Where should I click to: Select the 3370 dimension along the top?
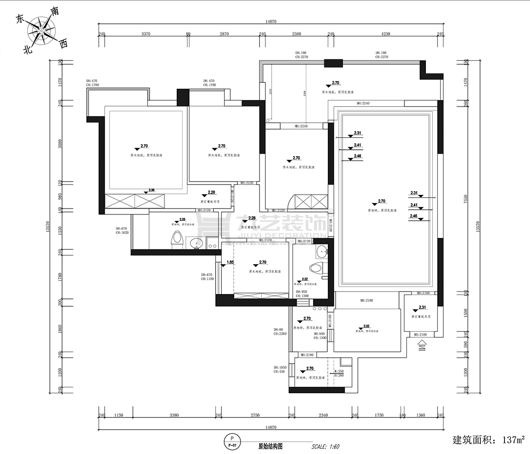[x=145, y=34]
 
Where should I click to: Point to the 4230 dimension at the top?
[x=385, y=34]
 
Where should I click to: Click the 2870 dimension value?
[x=224, y=34]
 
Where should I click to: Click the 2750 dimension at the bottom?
[x=255, y=415]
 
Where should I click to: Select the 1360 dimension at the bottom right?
[x=421, y=415]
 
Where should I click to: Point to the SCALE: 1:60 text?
[x=325, y=447]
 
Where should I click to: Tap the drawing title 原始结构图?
[x=270, y=447]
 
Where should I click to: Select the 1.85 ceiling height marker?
[x=230, y=263]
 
